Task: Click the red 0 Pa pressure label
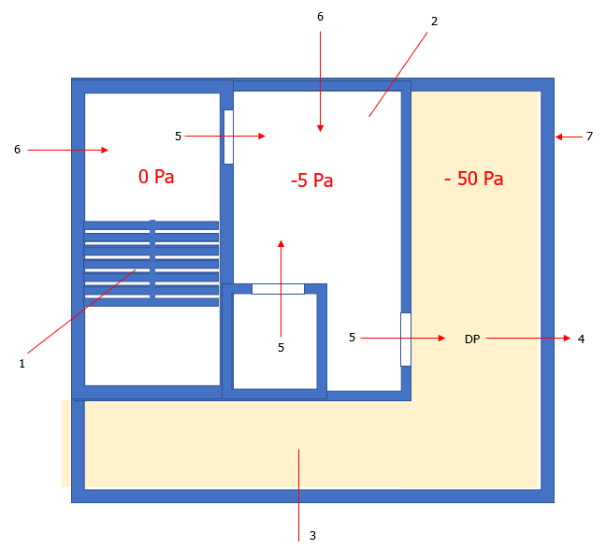(x=156, y=177)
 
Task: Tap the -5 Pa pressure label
(x=312, y=181)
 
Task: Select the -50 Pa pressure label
(x=474, y=179)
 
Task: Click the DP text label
(x=472, y=340)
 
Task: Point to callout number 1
(x=22, y=364)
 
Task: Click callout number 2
(x=435, y=22)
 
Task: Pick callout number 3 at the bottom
(x=312, y=536)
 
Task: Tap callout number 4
(x=581, y=340)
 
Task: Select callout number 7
(x=589, y=137)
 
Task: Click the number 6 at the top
(x=320, y=17)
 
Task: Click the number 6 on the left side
(x=18, y=150)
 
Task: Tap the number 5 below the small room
(x=281, y=348)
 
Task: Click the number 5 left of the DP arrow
(x=352, y=337)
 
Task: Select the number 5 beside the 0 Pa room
(x=179, y=137)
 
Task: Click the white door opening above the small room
(x=279, y=289)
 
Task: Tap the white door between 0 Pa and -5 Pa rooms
(x=228, y=137)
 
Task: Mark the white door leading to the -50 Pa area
(x=406, y=340)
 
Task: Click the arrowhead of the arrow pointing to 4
(x=568, y=339)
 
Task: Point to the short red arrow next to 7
(x=569, y=137)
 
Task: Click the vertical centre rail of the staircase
(x=152, y=263)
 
